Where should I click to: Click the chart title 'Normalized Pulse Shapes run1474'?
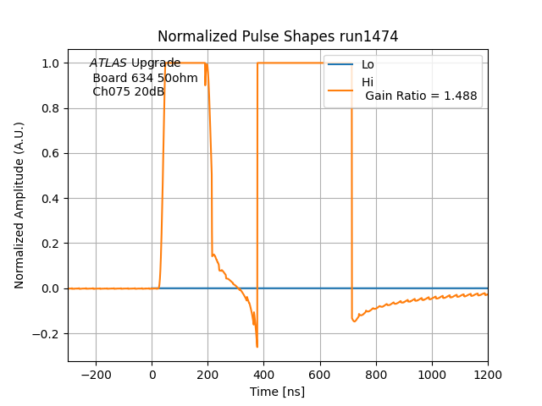(x=278, y=36)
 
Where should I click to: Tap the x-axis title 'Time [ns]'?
(x=278, y=392)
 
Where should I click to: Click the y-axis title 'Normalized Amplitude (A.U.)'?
(x=19, y=205)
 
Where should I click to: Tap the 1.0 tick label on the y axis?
(x=50, y=63)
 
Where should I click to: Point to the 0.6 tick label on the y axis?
(x=50, y=154)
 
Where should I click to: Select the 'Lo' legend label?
(x=368, y=65)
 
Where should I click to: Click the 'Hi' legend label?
(x=368, y=82)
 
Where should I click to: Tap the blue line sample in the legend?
(x=340, y=65)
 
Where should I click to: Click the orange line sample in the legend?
(x=340, y=89)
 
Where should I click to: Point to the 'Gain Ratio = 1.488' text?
(x=421, y=96)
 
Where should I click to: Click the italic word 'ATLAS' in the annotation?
(x=108, y=63)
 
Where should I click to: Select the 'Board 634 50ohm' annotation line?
(x=145, y=79)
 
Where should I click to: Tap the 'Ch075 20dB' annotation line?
(x=128, y=92)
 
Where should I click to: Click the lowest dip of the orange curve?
(x=257, y=346)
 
